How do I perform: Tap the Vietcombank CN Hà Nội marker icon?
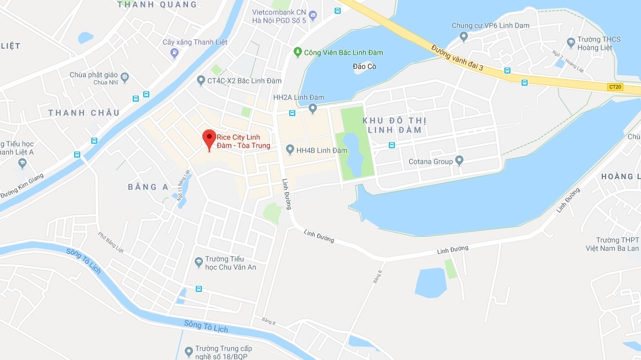point(313,15)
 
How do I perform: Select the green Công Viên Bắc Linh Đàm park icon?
point(298,53)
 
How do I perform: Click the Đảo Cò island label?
point(363,67)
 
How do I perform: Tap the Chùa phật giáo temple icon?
point(124,76)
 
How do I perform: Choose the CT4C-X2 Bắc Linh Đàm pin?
point(201,81)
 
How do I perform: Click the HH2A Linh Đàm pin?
point(312,108)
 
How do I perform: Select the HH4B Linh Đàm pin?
point(290,150)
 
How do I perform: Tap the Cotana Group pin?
point(459,161)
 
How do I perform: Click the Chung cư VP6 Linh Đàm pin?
point(463,36)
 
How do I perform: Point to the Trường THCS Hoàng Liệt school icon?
point(571,43)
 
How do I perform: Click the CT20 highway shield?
point(615,87)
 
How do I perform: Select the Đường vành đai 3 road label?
point(457,58)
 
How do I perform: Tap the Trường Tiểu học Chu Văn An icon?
point(199,263)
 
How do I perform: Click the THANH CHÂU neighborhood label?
point(84,113)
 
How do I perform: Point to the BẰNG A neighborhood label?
point(148,187)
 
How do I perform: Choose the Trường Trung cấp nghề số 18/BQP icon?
point(188,349)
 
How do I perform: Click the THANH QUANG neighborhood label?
point(157,4)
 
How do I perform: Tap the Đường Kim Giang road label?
point(22,186)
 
